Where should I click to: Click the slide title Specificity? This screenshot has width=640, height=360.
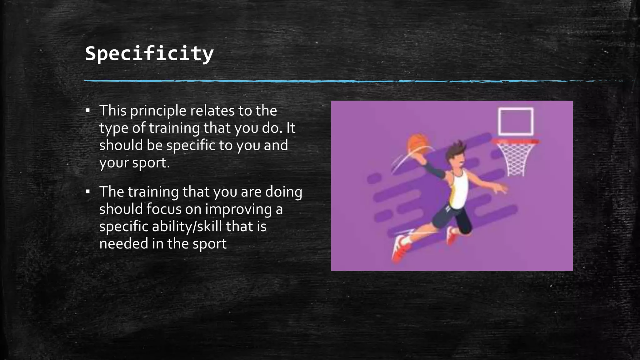(149, 53)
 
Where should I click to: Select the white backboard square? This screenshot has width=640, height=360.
(515, 122)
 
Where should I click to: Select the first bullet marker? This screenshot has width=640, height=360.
(87, 111)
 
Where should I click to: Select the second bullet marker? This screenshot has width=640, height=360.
(87, 192)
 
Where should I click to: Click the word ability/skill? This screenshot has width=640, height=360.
(187, 227)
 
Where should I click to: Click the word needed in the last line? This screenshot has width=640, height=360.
(123, 244)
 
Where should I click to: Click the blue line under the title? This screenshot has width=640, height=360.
(312, 81)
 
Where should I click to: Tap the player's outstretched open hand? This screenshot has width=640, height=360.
(500, 188)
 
